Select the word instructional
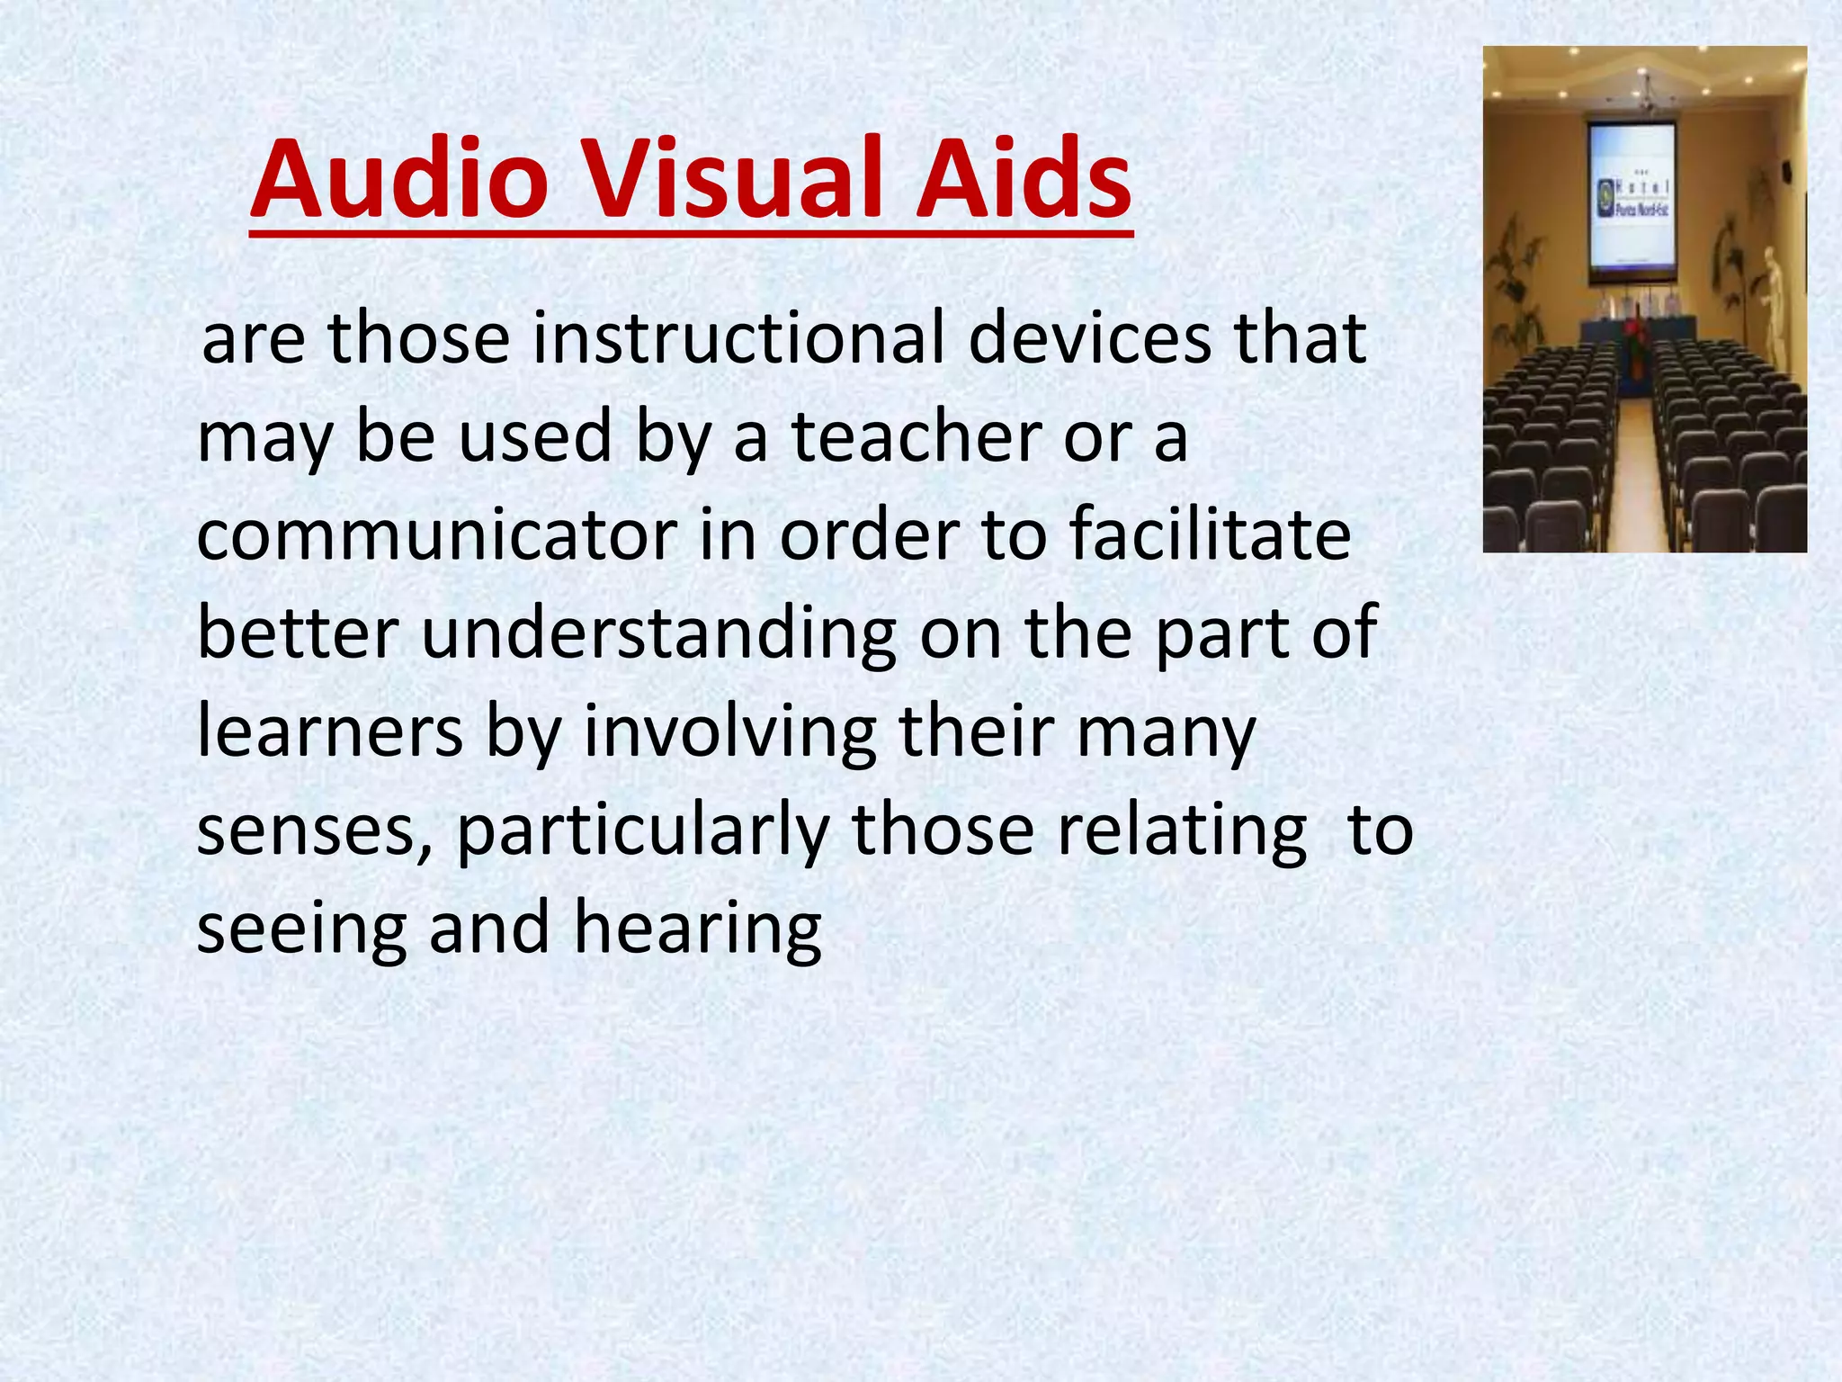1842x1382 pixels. pyautogui.click(x=738, y=338)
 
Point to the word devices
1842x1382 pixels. pyautogui.click(x=1089, y=338)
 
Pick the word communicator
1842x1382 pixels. pyautogui.click(x=436, y=535)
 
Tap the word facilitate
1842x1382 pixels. pyautogui.click(x=1211, y=535)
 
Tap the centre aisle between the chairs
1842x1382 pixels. pyautogui.click(x=1634, y=468)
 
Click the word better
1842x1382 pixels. pyautogui.click(x=297, y=633)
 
